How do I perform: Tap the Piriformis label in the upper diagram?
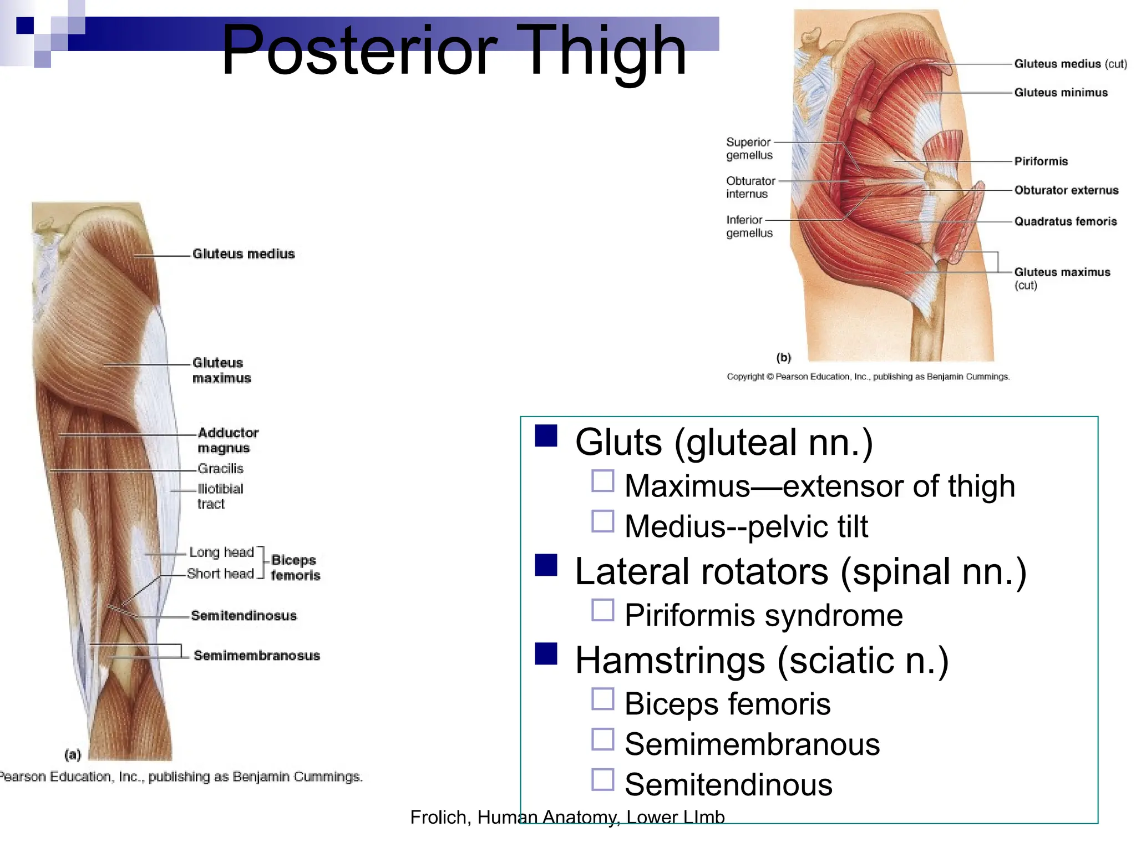coord(1041,161)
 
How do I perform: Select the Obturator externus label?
coord(1066,190)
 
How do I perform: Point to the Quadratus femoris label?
coord(1065,221)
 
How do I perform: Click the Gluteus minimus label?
coord(1061,93)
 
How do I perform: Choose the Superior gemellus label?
coord(749,149)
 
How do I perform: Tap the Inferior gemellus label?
coord(749,226)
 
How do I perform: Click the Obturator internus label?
coord(750,187)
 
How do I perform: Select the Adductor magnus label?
coord(227,440)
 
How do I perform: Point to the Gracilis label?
coord(220,469)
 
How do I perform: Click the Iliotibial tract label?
coord(220,496)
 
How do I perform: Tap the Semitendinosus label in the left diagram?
coord(244,616)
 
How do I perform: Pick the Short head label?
coord(220,574)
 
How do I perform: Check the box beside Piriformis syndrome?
coord(603,610)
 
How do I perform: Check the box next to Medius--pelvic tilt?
coord(603,521)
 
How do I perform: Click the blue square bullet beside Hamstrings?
coord(546,653)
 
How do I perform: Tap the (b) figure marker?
coord(783,358)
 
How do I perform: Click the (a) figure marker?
coord(73,754)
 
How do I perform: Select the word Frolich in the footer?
coord(440,817)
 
